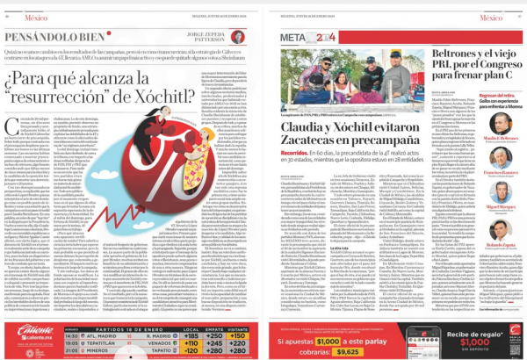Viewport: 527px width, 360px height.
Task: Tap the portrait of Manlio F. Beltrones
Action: coord(500,123)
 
